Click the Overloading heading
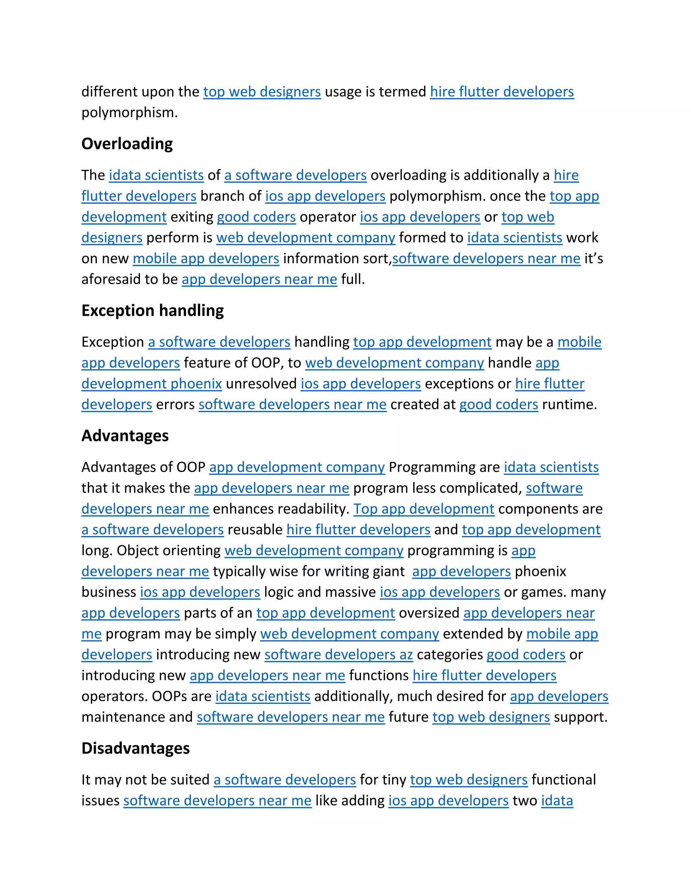pyautogui.click(x=127, y=144)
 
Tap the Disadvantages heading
pyautogui.click(x=136, y=748)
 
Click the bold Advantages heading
pyautogui.click(x=125, y=436)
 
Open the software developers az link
pyautogui.click(x=338, y=654)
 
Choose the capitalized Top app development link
pyautogui.click(x=424, y=509)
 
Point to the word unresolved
pyautogui.click(x=261, y=384)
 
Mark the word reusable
pyautogui.click(x=255, y=530)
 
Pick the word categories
pyautogui.click(x=450, y=654)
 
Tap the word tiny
pyautogui.click(x=395, y=780)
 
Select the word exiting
pyautogui.click(x=192, y=217)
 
